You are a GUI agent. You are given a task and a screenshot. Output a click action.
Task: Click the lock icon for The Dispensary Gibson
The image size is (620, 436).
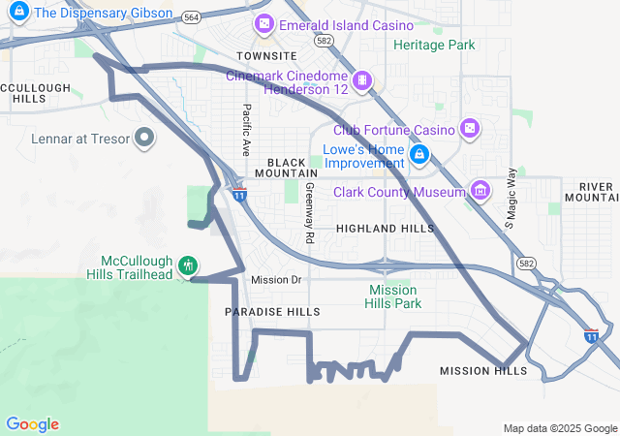tap(18, 13)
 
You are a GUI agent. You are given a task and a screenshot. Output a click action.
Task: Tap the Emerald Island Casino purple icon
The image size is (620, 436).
tap(263, 24)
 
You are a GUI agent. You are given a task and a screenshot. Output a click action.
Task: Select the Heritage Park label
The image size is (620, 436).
tap(434, 45)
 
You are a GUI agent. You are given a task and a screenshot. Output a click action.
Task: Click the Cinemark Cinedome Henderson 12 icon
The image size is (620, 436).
tap(362, 79)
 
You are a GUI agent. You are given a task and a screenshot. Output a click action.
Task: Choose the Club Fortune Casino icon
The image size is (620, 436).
tap(469, 129)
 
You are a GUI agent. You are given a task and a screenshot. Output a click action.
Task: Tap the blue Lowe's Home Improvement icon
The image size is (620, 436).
tap(419, 154)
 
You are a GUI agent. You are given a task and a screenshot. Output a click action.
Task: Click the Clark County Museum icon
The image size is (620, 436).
tap(480, 191)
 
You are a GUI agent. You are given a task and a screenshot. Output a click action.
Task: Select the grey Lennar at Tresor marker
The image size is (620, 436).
tap(144, 139)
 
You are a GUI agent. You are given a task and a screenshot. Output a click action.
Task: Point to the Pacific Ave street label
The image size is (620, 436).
tap(247, 131)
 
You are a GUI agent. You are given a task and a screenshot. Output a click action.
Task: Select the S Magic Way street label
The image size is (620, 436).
tap(511, 198)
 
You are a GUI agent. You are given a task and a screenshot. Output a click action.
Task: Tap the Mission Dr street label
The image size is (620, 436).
tap(276, 280)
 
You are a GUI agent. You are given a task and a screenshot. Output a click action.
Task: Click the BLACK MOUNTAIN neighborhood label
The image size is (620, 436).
tap(286, 167)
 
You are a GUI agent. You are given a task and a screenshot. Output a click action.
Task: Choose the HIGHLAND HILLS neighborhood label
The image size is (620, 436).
tap(386, 228)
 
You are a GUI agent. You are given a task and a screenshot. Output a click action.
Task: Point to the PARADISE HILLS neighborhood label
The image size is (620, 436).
tap(272, 312)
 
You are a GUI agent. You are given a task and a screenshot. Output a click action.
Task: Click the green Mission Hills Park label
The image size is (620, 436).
tap(393, 296)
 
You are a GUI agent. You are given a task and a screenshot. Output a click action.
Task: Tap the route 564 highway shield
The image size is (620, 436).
tap(192, 17)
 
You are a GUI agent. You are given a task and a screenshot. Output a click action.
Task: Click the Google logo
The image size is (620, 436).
tap(32, 423)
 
